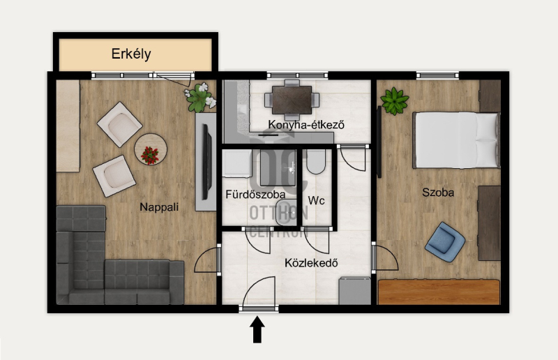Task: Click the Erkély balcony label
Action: pos(131,54)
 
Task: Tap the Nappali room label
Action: pos(159,207)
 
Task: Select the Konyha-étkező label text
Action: pos(306,125)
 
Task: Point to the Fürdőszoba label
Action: pos(255,195)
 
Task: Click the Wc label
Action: pos(316,200)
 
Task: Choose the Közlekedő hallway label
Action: pos(311,263)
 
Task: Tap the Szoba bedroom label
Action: pos(438,193)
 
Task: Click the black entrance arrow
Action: pos(257,330)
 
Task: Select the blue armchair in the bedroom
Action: pos(445,242)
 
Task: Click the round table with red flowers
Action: pos(151,149)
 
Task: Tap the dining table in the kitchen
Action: pos(292,100)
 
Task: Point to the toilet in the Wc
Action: pos(316,162)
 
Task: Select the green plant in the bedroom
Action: pos(394,101)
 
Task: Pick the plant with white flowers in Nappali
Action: pos(200,97)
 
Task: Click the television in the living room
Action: pos(206,162)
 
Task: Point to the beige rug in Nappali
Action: pos(68,126)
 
